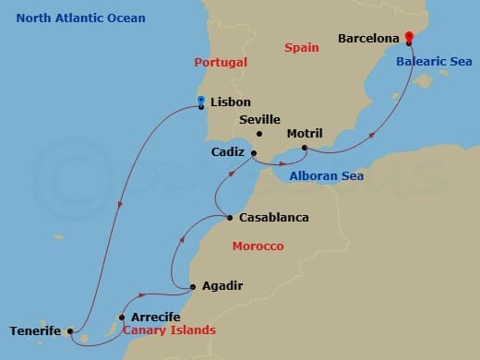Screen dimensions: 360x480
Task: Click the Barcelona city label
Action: coord(368,39)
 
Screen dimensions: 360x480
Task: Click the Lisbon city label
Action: coord(231,102)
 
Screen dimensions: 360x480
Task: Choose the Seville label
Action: coord(259,120)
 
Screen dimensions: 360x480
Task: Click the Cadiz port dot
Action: coord(254,153)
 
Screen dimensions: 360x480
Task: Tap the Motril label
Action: coord(305,133)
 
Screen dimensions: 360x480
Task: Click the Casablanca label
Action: coord(273,219)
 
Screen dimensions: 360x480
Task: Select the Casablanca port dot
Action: coord(229,219)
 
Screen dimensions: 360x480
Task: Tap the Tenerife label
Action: coord(35,330)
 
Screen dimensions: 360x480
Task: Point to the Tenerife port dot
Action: coord(70,330)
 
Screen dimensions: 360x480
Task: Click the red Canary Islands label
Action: coord(169,330)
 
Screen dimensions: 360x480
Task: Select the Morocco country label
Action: coord(258,246)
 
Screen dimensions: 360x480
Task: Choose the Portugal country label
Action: coord(222,62)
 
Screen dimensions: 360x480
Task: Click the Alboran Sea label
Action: coord(326,176)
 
